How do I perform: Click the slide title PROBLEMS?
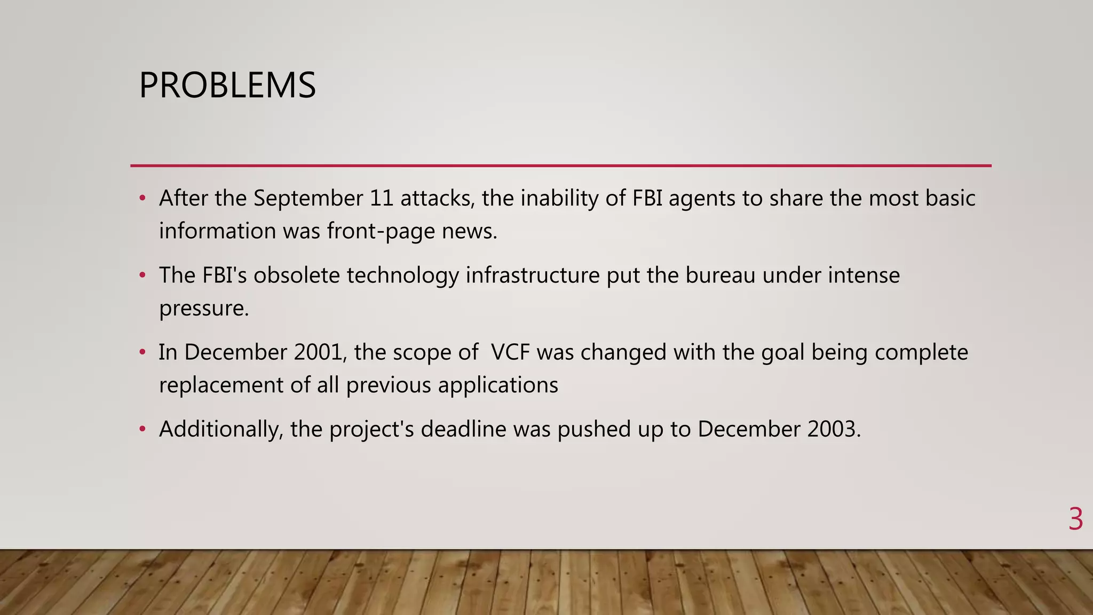coord(227,85)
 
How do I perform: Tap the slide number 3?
coord(1075,519)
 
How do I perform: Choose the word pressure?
coord(203,309)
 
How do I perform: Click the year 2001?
coord(317,352)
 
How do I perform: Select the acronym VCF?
coord(510,352)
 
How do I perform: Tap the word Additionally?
coord(220,429)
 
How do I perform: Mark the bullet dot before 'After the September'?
coord(142,199)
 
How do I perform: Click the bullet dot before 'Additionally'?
coord(142,429)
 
